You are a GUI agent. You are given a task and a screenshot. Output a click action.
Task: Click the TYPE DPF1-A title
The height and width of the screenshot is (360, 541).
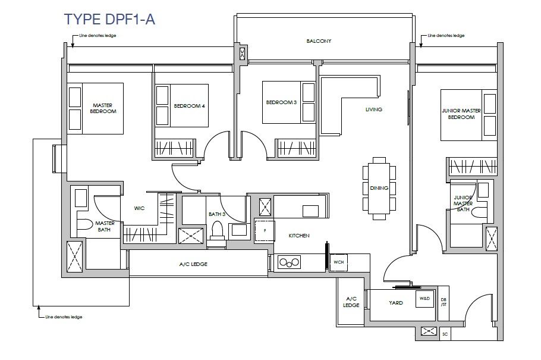point(109,19)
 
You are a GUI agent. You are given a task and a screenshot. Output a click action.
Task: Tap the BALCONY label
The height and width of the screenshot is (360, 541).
point(319,41)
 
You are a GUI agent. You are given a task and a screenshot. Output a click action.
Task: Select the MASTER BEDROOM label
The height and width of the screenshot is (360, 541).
point(103,108)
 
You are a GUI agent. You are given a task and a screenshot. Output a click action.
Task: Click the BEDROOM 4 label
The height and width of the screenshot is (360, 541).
point(189,106)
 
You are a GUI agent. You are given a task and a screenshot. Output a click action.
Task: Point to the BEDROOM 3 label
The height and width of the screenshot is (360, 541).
point(281,102)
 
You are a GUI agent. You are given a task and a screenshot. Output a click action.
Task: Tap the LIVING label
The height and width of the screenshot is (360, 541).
point(374,109)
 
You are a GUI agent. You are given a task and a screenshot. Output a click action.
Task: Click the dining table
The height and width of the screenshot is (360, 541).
point(379,188)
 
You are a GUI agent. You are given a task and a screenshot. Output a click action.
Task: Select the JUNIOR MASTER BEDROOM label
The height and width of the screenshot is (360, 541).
point(461,114)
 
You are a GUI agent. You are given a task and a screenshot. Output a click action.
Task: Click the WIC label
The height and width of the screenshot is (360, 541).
point(139,208)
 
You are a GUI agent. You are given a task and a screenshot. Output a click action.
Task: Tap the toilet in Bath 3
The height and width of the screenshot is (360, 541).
point(218,230)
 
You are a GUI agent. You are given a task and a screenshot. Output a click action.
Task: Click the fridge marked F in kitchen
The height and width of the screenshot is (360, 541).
point(265,230)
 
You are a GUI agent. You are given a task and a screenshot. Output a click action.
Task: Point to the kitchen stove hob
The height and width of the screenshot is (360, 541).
point(289,262)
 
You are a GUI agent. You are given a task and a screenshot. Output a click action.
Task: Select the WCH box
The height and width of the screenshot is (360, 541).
point(338,262)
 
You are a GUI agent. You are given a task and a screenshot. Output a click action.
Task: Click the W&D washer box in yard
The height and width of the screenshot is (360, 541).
point(424,299)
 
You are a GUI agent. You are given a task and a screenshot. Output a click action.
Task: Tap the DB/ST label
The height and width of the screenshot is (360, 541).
point(444,302)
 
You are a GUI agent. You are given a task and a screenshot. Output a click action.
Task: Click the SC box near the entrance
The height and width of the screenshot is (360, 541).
point(445,334)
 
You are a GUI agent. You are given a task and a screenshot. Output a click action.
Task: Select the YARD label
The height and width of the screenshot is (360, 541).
point(396,303)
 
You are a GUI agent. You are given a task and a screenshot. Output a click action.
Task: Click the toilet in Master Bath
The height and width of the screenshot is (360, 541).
point(84,224)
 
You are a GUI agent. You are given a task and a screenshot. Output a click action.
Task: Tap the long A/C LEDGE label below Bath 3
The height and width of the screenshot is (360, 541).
point(193,264)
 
